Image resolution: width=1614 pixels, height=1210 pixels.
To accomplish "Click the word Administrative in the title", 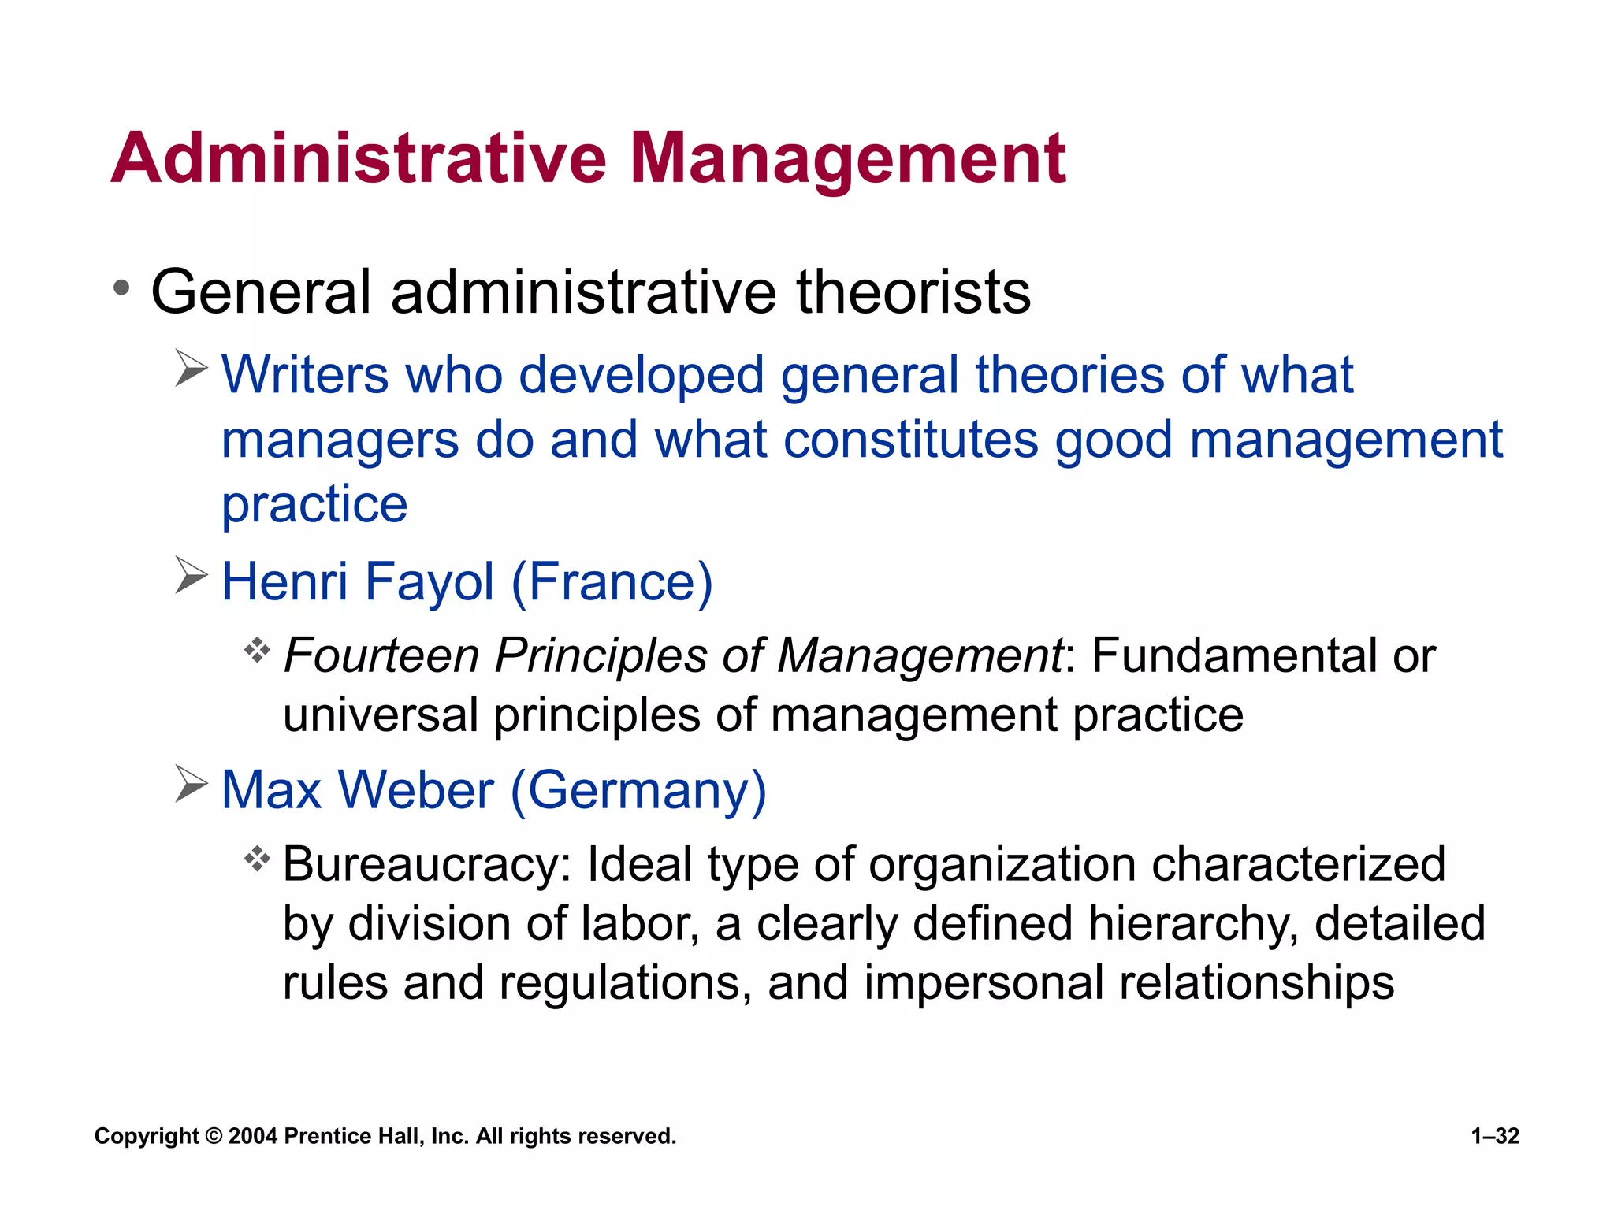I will click(359, 158).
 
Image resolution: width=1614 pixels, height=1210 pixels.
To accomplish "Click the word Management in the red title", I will click(848, 160).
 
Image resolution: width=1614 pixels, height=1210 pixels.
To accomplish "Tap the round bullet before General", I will click(121, 288).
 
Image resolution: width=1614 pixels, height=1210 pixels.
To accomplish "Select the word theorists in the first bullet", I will click(913, 292).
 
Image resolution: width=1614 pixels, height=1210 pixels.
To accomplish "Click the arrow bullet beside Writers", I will click(192, 369).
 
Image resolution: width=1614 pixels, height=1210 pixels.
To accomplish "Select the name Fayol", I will click(430, 581).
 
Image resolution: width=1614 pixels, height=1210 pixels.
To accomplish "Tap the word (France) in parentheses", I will click(612, 581).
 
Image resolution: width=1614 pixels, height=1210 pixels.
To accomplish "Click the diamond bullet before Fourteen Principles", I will click(257, 651).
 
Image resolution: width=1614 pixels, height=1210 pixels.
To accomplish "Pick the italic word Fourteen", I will click(381, 655).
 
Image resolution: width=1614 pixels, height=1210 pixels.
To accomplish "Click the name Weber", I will click(415, 789).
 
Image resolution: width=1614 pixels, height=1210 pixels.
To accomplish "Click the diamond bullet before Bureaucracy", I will click(257, 859).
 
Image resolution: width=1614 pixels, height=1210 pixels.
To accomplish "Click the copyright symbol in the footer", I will click(214, 1136).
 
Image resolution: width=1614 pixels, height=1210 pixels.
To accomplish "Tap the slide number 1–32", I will click(1495, 1136).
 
